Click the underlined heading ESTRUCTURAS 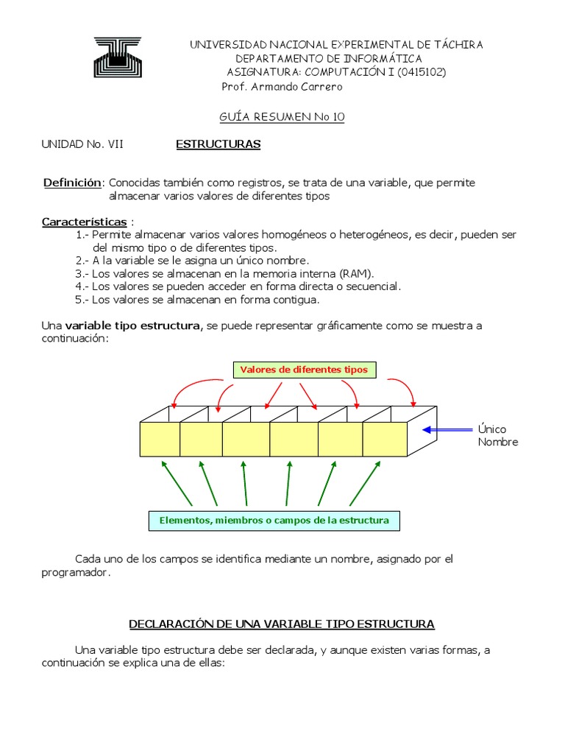[x=218, y=144]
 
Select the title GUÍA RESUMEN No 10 [x=282, y=116]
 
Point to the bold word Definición [x=71, y=182]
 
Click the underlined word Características [x=84, y=222]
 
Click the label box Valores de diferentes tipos [x=305, y=370]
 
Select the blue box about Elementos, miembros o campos [x=274, y=521]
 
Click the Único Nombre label [x=497, y=435]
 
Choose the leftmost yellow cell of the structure [x=160, y=439]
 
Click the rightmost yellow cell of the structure [x=384, y=439]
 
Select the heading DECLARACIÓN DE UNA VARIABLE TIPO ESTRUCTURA [x=282, y=624]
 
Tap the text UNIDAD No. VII [x=82, y=144]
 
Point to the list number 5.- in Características [x=82, y=300]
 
